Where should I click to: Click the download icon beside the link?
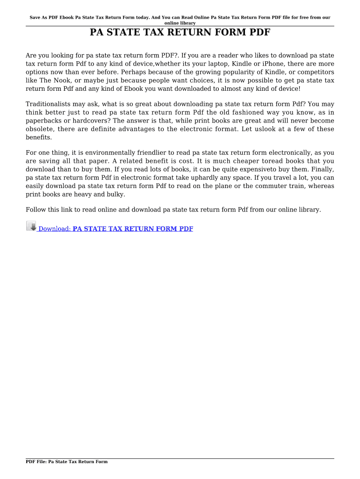(31, 226)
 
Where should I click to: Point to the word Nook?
(58, 81)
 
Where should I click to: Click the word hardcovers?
(88, 121)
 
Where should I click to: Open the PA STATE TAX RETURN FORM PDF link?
(133, 229)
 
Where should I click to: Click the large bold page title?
(180, 33)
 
